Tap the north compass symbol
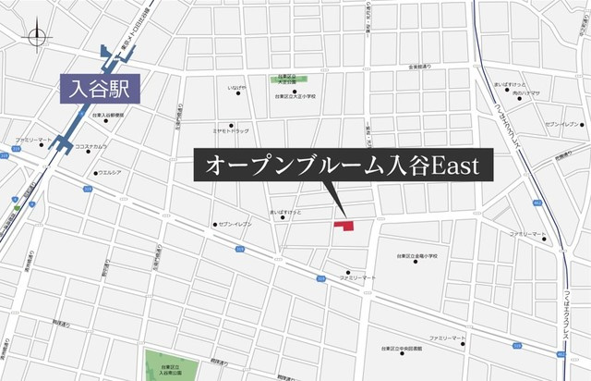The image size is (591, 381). [x=37, y=37]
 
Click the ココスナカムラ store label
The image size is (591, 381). [x=92, y=145]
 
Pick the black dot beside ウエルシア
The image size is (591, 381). [x=95, y=172]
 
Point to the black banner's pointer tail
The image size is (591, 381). [x=333, y=196]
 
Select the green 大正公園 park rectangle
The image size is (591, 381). [x=287, y=80]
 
